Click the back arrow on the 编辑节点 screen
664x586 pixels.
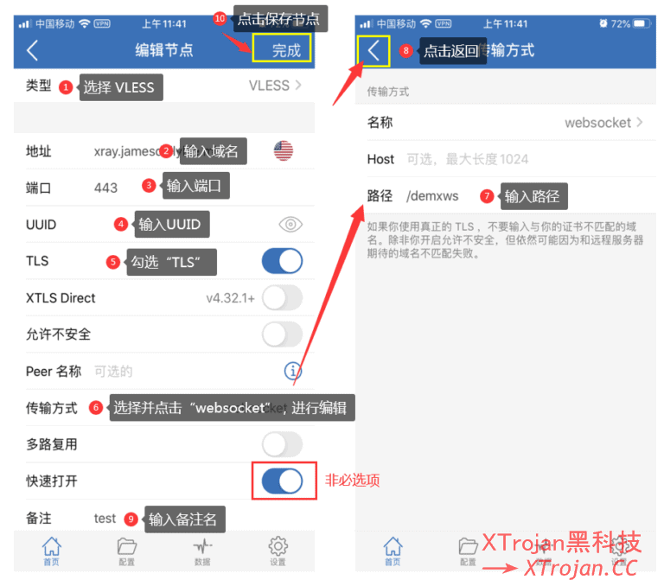(x=32, y=50)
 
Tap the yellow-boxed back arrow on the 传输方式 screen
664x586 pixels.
(x=373, y=50)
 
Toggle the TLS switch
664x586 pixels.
(x=282, y=261)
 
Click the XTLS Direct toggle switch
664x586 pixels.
(x=282, y=298)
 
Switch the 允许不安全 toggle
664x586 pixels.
(x=282, y=334)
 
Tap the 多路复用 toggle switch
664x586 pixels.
(x=282, y=444)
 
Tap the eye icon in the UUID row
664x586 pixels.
(x=290, y=225)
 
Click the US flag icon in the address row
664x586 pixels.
(x=284, y=151)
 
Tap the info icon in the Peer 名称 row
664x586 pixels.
(x=293, y=371)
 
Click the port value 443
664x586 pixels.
(x=106, y=188)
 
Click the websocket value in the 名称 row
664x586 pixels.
(x=597, y=123)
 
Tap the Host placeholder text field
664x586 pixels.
(x=467, y=159)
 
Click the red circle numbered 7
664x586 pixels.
(x=488, y=196)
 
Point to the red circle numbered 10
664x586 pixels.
(x=219, y=18)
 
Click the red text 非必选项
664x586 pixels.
(x=352, y=481)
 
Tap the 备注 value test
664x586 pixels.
(x=105, y=519)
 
